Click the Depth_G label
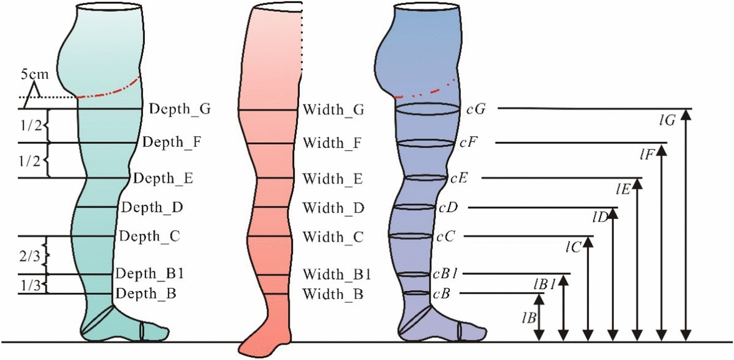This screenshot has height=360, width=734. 180,109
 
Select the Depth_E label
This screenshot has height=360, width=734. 163,178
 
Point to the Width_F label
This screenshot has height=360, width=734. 332,144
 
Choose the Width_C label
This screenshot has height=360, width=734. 332,237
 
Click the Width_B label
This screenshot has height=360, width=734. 332,293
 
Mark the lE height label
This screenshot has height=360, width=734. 623,187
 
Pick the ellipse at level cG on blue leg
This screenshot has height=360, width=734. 427,109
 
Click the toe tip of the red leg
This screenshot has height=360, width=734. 243,351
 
